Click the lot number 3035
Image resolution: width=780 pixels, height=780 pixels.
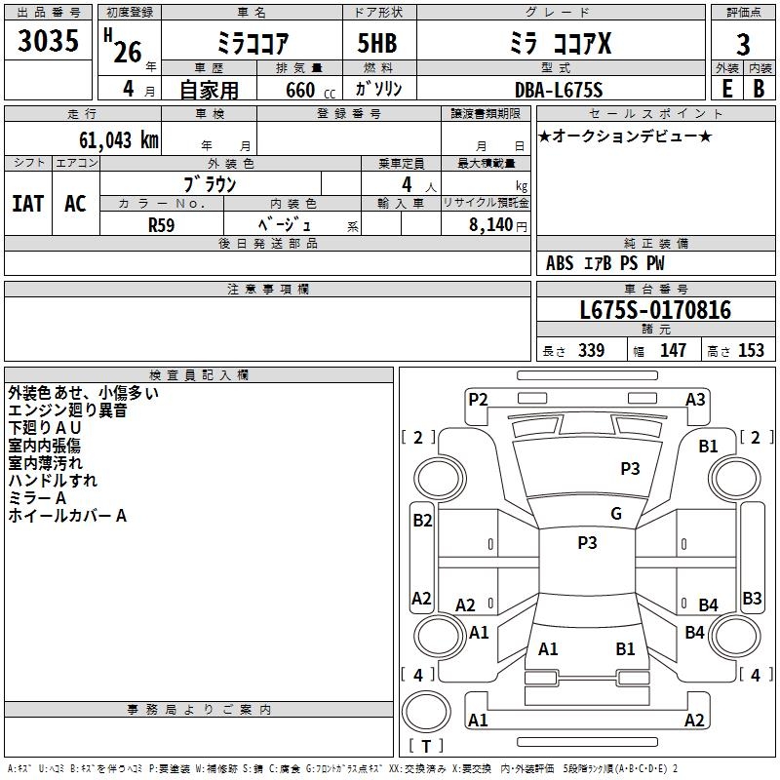pos(48,40)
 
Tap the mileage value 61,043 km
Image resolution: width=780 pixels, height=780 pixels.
pos(119,140)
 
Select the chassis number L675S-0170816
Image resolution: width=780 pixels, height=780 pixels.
pos(655,310)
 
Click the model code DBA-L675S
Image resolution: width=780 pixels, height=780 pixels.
pos(559,90)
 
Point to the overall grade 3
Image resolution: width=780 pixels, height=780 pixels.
pos(743,45)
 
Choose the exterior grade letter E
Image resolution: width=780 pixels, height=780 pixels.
pos(726,89)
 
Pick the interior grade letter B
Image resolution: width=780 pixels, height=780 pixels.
pos(759,89)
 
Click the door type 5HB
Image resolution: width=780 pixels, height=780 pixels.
pos(377,43)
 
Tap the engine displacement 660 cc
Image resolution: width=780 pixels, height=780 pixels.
pos(310,91)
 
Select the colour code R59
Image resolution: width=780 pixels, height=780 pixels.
pos(161,225)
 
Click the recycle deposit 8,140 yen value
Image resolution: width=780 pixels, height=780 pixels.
pos(497,225)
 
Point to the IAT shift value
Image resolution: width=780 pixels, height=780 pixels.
pos(28,204)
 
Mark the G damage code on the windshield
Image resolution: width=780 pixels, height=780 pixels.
pos(616,514)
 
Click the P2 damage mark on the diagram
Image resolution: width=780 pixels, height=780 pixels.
pos(478,400)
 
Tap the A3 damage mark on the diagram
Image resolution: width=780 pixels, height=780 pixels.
pos(695,400)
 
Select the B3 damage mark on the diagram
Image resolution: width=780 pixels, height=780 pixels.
pos(752,598)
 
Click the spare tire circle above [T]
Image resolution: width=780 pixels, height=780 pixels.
pos(426,712)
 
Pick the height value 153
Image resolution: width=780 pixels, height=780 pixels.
pos(751,351)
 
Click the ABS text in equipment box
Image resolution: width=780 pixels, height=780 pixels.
pos(560,263)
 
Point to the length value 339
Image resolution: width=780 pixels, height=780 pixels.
pos(591,351)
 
